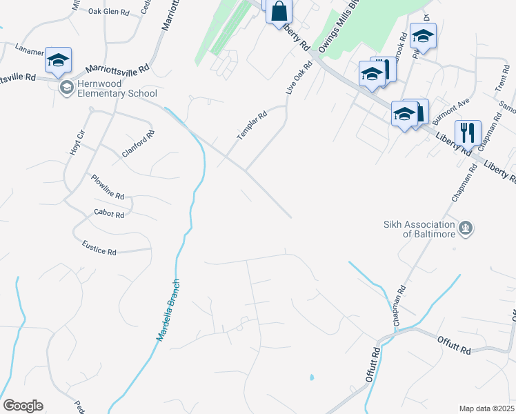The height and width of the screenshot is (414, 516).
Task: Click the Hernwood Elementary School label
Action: (117, 88)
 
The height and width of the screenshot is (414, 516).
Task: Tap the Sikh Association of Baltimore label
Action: (419, 228)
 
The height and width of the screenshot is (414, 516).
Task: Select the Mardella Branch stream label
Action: (168, 308)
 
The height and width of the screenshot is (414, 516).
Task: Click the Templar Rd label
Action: (252, 126)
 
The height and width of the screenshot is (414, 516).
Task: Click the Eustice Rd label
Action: (99, 248)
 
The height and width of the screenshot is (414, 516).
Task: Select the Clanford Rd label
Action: (138, 144)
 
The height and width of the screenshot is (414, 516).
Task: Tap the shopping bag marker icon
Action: (279, 11)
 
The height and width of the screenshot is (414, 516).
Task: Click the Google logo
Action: (23, 406)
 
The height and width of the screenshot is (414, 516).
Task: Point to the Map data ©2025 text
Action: (486, 408)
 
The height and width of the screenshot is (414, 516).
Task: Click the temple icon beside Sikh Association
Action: (466, 228)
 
